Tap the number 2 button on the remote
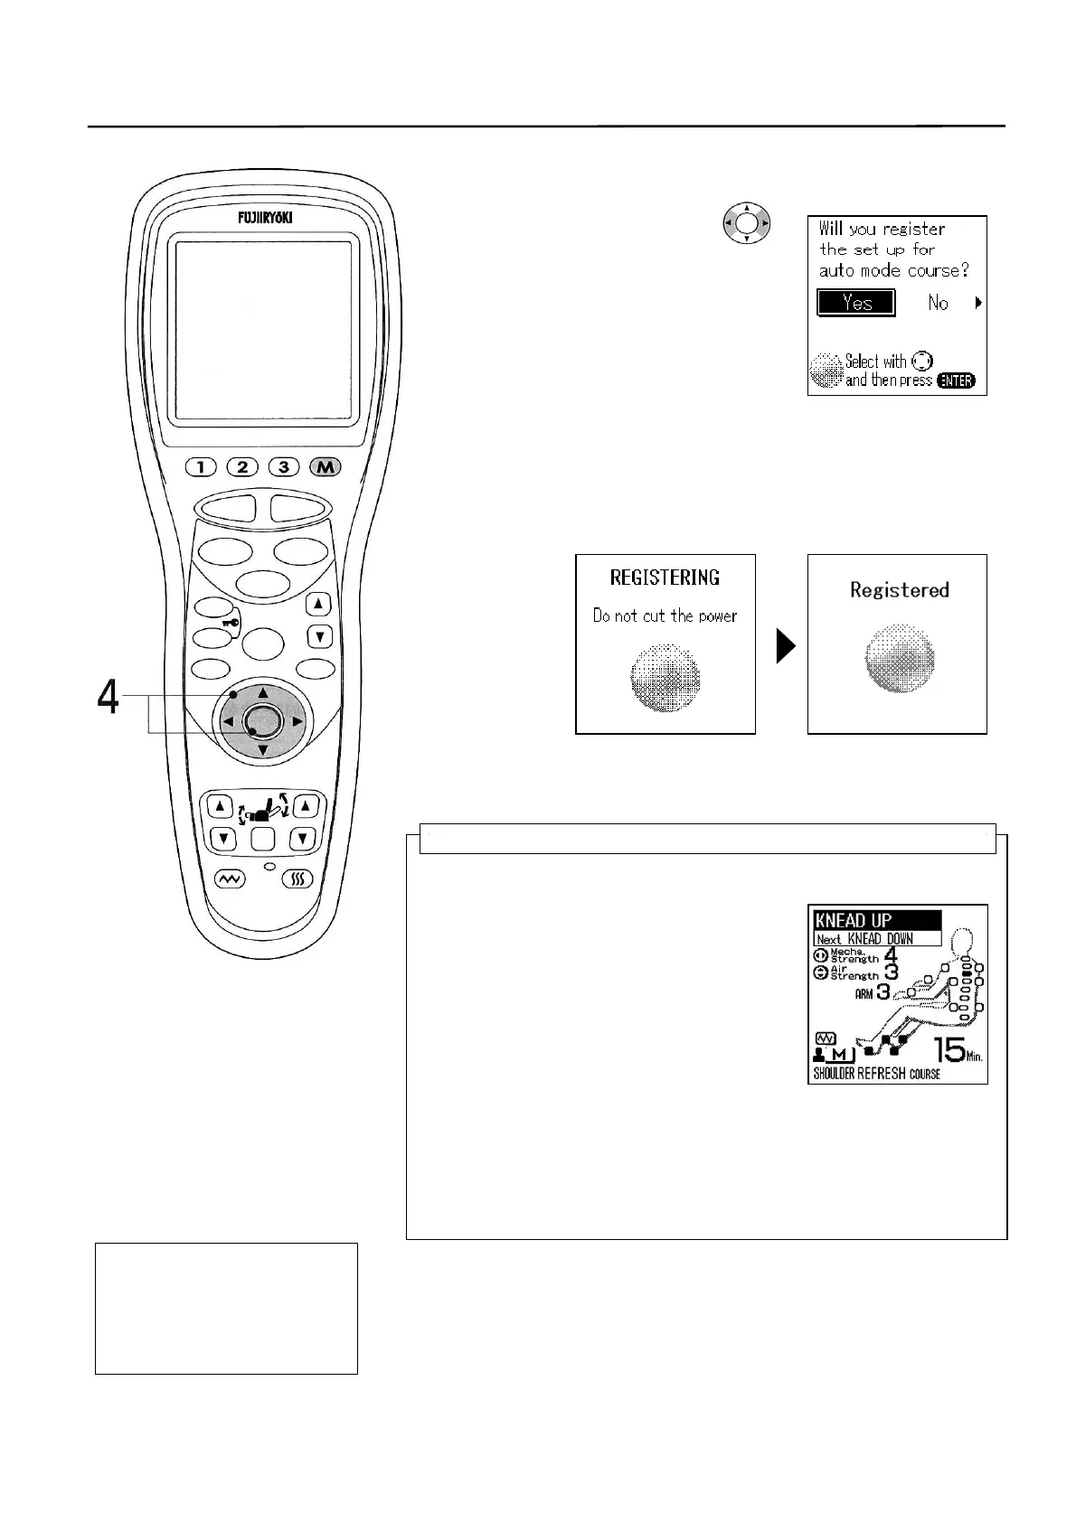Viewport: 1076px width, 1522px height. (x=242, y=467)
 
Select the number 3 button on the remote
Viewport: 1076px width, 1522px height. (x=284, y=467)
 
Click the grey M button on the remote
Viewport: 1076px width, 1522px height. (x=326, y=467)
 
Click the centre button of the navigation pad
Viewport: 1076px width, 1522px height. (x=262, y=721)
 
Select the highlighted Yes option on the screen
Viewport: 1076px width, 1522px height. (x=855, y=303)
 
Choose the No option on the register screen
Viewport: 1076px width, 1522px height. (x=938, y=304)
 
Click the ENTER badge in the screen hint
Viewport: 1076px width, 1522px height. (x=956, y=380)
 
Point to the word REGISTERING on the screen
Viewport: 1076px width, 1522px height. (x=665, y=578)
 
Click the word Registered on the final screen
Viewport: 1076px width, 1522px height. (x=899, y=590)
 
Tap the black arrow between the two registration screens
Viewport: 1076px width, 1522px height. (x=786, y=645)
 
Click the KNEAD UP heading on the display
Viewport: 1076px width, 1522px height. (x=854, y=920)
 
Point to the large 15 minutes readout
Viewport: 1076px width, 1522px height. (x=950, y=1050)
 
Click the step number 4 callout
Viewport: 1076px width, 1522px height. (x=108, y=697)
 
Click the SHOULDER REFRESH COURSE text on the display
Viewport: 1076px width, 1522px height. (x=876, y=1074)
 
